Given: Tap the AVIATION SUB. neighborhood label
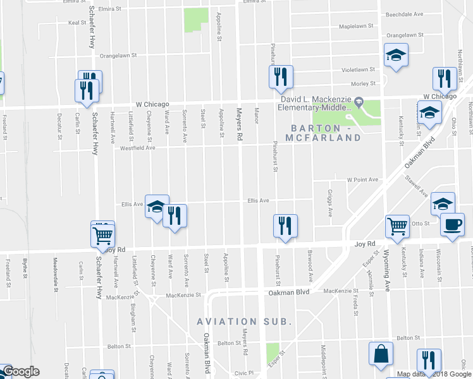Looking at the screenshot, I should (244, 322).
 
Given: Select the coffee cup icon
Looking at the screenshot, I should (452, 225).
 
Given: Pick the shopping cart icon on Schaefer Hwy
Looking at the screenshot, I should (102, 236).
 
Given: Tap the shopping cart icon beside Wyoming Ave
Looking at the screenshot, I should (397, 226).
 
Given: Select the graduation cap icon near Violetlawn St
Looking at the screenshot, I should (396, 56).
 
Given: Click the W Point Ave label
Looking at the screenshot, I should (362, 179).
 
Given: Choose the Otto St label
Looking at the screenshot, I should (421, 223).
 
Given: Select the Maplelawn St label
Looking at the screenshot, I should (356, 27).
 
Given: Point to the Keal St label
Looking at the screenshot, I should (77, 22).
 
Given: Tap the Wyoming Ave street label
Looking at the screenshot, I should (385, 265).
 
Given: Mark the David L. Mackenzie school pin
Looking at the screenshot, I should (359, 100).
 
